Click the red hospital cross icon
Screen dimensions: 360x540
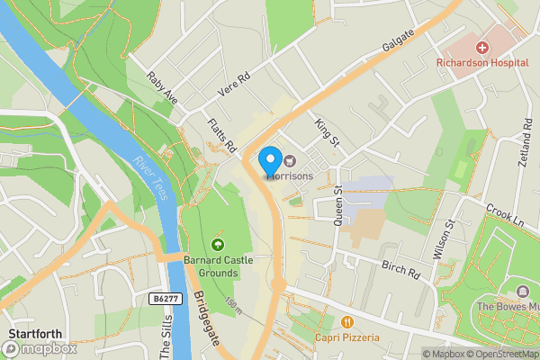(482, 47)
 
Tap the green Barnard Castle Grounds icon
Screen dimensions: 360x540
(216, 245)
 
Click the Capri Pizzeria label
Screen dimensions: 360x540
(347, 337)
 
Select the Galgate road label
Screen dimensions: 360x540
(398, 40)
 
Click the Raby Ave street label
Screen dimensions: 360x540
(163, 88)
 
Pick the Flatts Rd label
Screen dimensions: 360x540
(220, 135)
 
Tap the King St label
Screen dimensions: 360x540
(327, 130)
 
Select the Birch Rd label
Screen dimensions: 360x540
(401, 269)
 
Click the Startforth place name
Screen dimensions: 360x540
(34, 335)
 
